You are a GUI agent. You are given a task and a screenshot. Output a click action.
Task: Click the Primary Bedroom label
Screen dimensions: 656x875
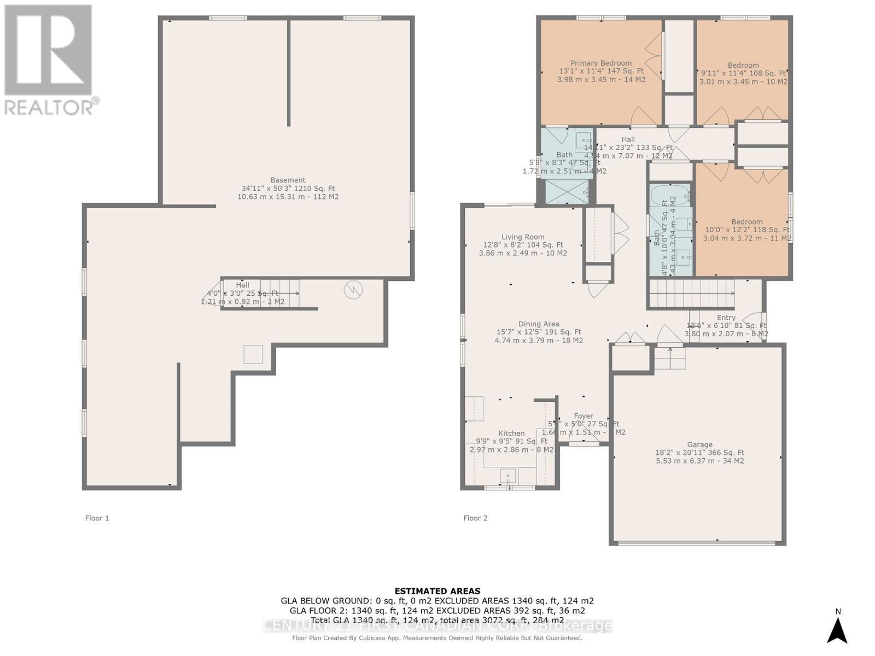pos(601,63)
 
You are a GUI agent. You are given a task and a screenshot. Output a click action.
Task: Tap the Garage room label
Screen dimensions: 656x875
pos(699,444)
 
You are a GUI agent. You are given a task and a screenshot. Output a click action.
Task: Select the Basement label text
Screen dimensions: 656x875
pos(288,180)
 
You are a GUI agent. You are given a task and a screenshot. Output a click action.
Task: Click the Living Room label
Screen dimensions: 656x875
pos(523,237)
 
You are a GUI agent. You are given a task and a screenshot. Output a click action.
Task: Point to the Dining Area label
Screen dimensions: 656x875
pos(539,324)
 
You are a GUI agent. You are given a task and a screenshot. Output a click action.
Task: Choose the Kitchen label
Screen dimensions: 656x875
pos(511,433)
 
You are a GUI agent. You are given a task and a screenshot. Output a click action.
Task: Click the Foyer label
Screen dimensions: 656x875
pos(584,416)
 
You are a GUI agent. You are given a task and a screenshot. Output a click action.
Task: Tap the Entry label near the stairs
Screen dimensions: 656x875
pos(726,318)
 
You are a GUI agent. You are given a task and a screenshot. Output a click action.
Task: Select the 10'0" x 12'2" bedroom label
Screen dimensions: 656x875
pos(746,221)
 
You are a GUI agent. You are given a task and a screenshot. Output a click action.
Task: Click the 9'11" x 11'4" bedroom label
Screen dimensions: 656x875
pos(743,65)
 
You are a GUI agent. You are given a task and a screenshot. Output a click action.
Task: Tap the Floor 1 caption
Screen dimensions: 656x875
pos(97,518)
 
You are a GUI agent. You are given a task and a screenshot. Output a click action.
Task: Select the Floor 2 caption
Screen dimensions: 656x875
pos(475,518)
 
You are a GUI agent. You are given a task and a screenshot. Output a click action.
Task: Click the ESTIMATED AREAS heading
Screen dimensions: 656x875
pos(437,591)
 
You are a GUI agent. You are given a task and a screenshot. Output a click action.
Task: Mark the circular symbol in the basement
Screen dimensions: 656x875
pos(353,290)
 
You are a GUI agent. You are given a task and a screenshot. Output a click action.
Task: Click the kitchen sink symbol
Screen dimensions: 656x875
pos(509,476)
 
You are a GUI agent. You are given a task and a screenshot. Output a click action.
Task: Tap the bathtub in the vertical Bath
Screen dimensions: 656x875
pos(671,195)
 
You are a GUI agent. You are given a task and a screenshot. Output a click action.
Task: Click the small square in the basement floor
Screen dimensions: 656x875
pos(253,354)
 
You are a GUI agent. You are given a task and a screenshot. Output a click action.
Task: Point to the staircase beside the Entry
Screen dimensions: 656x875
pos(691,294)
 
